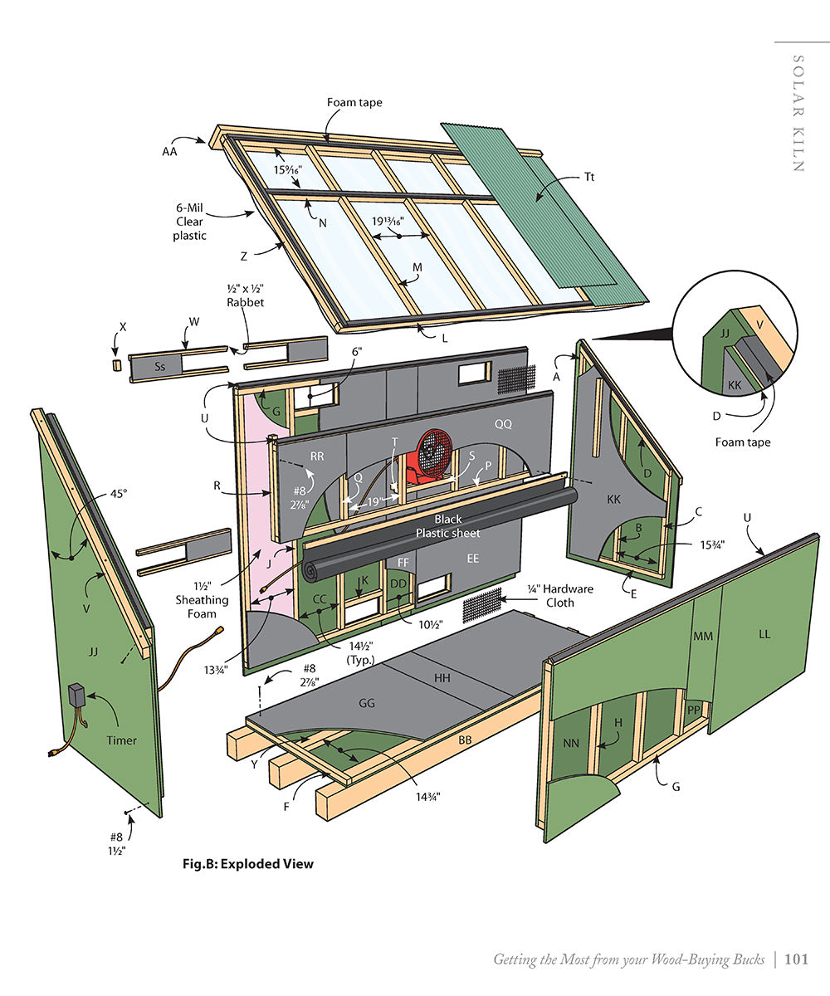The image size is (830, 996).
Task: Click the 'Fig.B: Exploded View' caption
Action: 248,863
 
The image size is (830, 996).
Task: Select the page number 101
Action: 796,959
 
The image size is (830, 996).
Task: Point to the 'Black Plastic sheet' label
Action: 447,525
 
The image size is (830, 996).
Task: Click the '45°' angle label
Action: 120,494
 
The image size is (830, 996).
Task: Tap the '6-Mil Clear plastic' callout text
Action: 190,222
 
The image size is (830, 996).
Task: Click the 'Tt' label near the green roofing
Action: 589,177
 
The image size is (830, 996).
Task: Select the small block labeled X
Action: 117,365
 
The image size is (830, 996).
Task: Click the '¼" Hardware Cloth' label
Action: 560,595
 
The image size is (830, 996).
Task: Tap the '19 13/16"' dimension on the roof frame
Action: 388,222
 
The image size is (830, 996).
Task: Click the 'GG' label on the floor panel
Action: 367,703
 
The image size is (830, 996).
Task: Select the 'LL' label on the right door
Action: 764,634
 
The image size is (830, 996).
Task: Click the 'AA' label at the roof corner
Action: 169,152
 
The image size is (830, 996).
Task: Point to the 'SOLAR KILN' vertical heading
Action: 798,113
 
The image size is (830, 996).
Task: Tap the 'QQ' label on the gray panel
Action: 503,423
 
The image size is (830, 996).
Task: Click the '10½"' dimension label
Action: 431,624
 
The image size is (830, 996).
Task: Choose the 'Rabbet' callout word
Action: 245,302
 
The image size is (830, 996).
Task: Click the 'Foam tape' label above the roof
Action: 354,102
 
